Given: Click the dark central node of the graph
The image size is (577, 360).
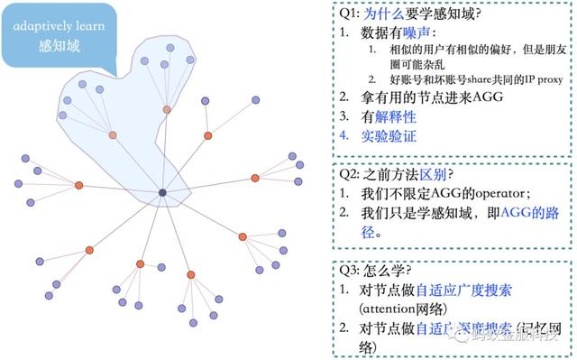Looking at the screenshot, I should pyautogui.click(x=162, y=192).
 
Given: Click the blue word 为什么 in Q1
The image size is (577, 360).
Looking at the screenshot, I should pyautogui.click(x=385, y=14).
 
